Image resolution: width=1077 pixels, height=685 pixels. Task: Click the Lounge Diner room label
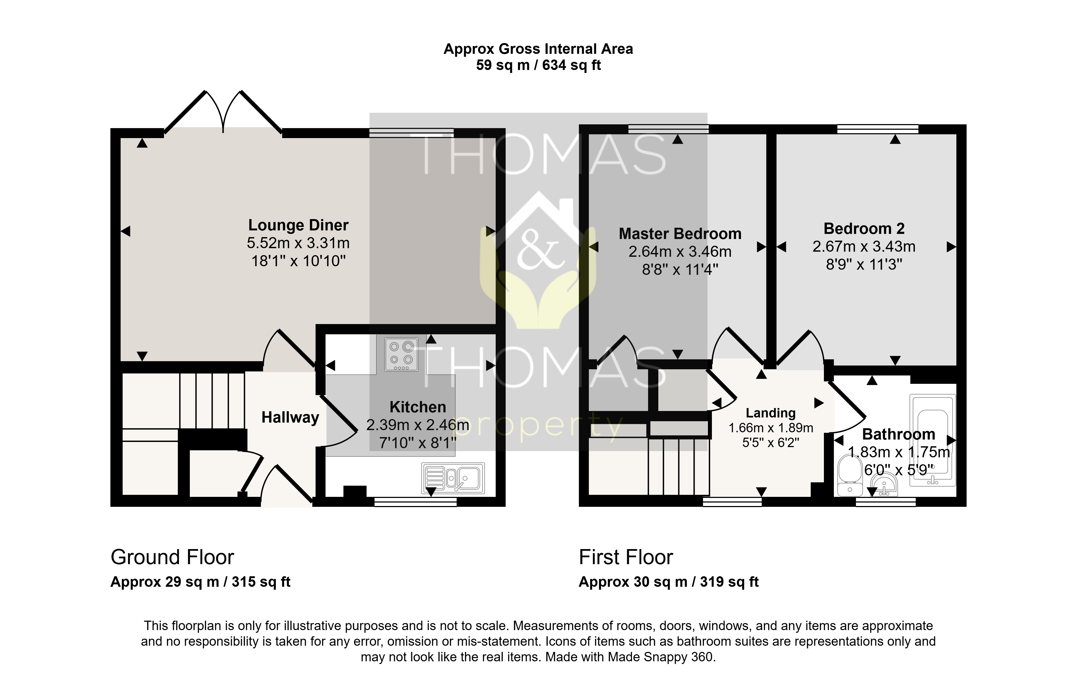(298, 225)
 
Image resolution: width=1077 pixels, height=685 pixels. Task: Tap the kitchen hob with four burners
(401, 354)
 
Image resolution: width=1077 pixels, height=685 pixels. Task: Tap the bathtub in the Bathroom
(932, 440)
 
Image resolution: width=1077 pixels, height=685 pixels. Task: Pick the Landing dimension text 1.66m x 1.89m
(771, 428)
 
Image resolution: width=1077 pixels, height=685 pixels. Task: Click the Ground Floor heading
(172, 557)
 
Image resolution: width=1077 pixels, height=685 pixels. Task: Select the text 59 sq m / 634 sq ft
(538, 65)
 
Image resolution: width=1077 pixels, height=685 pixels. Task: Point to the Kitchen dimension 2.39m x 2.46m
(418, 425)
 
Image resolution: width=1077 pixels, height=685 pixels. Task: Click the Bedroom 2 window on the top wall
(877, 129)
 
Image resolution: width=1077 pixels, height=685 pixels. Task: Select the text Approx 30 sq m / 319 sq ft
(669, 582)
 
